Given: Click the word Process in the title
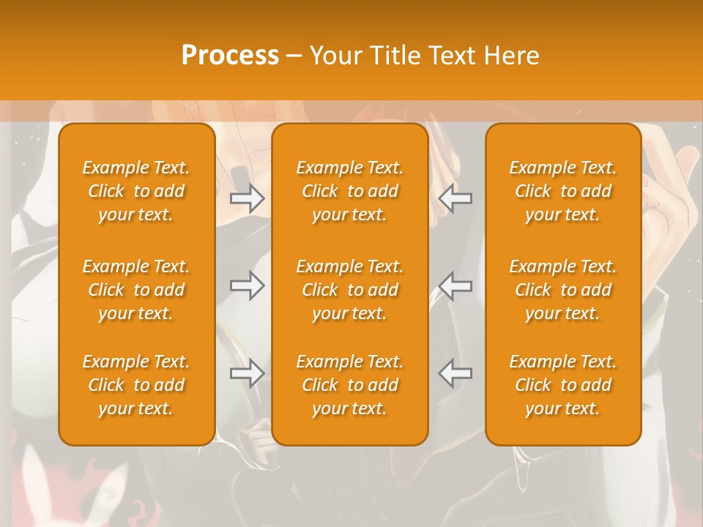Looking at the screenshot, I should pyautogui.click(x=230, y=55).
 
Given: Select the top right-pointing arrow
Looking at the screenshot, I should pyautogui.click(x=248, y=198).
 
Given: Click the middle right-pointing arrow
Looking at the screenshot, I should pyautogui.click(x=248, y=285).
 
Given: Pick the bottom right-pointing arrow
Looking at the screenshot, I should pyautogui.click(x=248, y=373).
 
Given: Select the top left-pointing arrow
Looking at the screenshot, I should pyautogui.click(x=455, y=198).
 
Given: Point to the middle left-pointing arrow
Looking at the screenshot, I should pyautogui.click(x=455, y=285).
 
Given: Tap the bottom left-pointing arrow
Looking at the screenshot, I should pyautogui.click(x=455, y=373).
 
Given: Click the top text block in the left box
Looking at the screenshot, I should pyautogui.click(x=136, y=191).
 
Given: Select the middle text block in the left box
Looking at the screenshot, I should pyautogui.click(x=136, y=290).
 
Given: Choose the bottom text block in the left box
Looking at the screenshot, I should pyautogui.click(x=136, y=385).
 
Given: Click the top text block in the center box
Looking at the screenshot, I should pyautogui.click(x=350, y=191).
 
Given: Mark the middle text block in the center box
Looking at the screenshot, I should pyautogui.click(x=350, y=290).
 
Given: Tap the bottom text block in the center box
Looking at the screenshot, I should pyautogui.click(x=350, y=385).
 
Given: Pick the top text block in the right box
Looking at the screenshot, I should pyautogui.click(x=563, y=191).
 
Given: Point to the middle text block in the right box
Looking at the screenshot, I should pyautogui.click(x=563, y=290).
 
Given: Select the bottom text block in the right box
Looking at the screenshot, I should pyautogui.click(x=563, y=385).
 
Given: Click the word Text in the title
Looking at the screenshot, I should pyautogui.click(x=449, y=55).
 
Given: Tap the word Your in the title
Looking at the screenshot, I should pyautogui.click(x=335, y=55).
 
